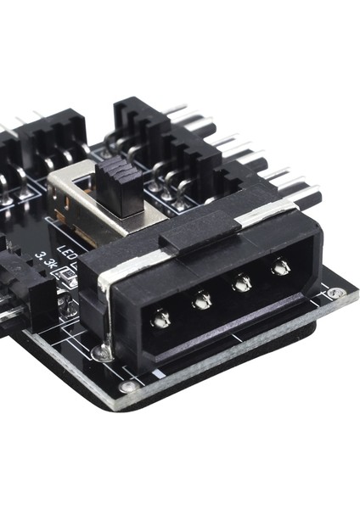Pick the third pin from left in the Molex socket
click(x=242, y=284)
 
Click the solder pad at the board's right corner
click(x=338, y=294)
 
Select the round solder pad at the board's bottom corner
click(x=129, y=387)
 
